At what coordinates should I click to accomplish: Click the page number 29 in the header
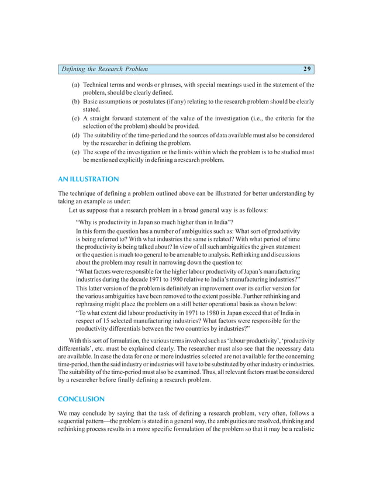pyautogui.click(x=307, y=70)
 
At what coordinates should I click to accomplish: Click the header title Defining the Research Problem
pyautogui.click(x=105, y=70)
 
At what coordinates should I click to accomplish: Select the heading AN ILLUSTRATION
pyautogui.click(x=88, y=179)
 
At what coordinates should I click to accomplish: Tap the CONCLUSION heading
pyautogui.click(x=81, y=399)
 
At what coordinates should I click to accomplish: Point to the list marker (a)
pyautogui.click(x=76, y=85)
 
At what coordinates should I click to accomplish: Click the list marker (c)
pyautogui.click(x=76, y=118)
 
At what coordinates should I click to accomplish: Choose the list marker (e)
pyautogui.click(x=76, y=151)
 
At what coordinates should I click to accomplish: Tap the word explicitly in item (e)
pyautogui.click(x=130, y=160)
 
